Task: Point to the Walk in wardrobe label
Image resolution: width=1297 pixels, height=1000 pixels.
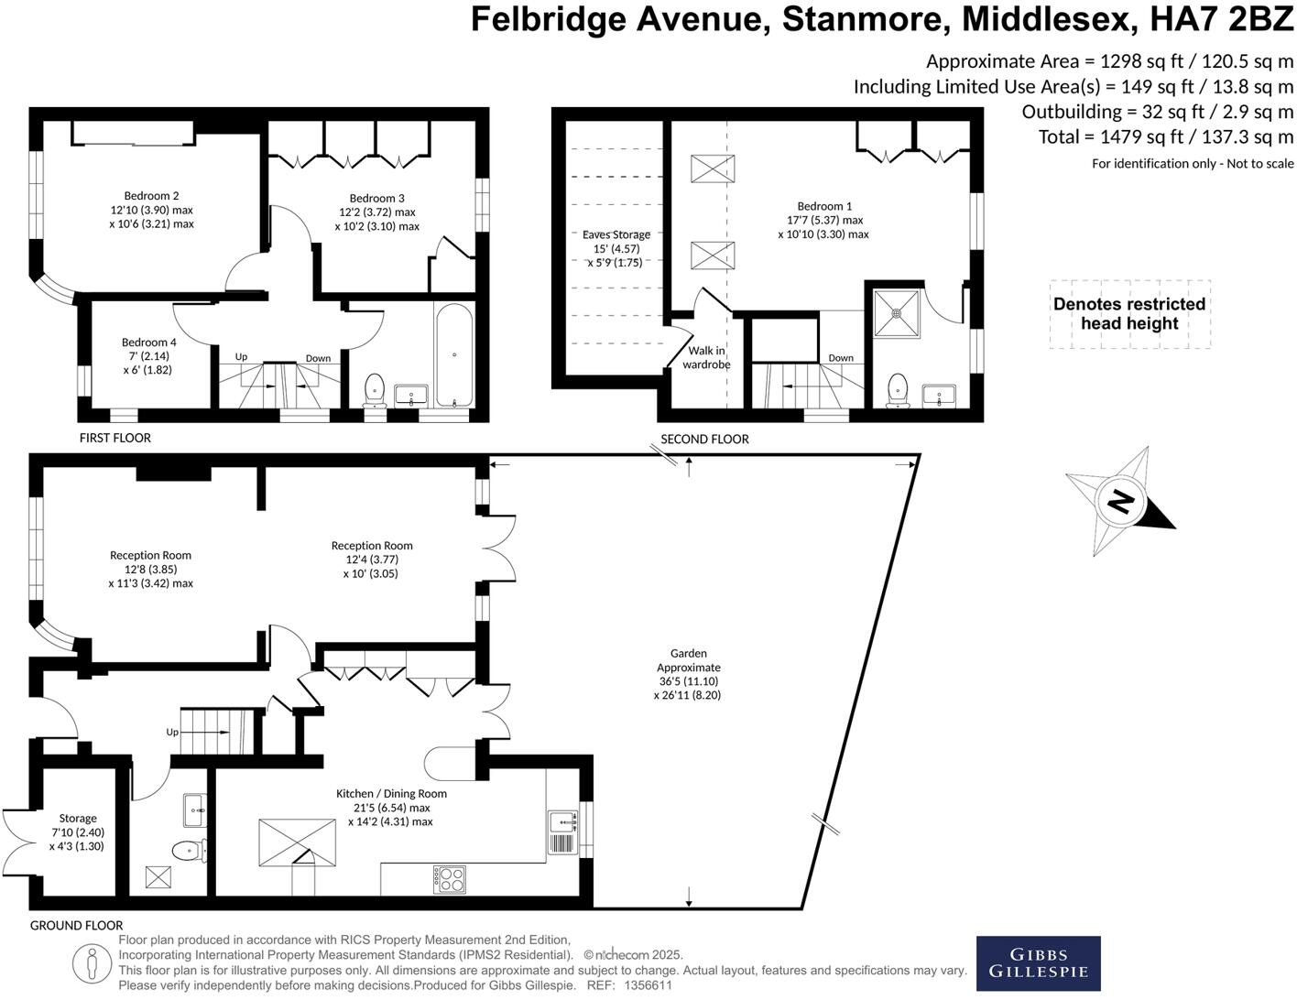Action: [x=706, y=357]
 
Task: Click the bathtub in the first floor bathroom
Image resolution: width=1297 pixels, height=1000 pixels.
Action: [x=454, y=355]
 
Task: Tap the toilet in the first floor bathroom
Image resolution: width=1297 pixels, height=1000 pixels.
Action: [x=375, y=389]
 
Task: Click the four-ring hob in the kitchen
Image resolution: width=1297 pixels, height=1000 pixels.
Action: [x=449, y=879]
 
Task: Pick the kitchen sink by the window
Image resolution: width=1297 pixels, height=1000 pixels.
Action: [x=561, y=832]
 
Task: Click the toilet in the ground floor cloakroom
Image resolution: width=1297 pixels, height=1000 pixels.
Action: [x=189, y=851]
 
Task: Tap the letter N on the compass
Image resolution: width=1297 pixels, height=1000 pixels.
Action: [x=1119, y=502]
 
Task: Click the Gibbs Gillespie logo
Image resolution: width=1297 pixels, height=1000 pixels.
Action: [x=1038, y=963]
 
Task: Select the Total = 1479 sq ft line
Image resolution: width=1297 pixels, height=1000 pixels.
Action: [x=1165, y=137]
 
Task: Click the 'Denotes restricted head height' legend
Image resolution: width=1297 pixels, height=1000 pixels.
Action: [x=1128, y=314]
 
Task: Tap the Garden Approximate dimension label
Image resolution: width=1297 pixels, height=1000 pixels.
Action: [x=689, y=674]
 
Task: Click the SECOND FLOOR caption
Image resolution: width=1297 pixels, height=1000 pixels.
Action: [x=704, y=439]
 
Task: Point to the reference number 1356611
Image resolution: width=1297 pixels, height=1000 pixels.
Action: [x=648, y=985]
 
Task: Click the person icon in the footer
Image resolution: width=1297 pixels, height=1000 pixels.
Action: [x=91, y=962]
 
